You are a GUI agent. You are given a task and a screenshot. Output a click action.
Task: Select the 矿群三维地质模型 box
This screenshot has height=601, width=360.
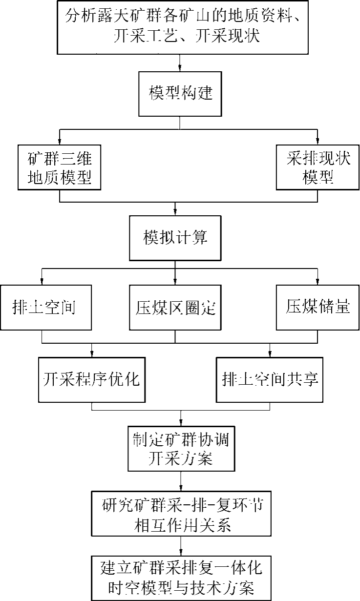point(59,167)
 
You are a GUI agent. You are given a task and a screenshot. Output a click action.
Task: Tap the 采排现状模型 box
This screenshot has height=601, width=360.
point(318,167)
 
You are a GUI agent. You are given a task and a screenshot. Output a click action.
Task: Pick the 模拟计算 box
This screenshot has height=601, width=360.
point(175,238)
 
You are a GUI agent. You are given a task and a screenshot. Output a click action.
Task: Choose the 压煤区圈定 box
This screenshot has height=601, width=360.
point(175,308)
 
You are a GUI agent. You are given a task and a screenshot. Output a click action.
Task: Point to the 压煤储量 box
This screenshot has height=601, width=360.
point(318,308)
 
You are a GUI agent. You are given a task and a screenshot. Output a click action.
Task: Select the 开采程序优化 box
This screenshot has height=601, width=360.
point(92,379)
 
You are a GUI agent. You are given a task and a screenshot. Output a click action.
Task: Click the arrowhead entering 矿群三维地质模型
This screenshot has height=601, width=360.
point(59,142)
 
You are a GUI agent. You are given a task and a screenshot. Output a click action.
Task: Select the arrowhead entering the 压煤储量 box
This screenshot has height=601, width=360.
point(318,282)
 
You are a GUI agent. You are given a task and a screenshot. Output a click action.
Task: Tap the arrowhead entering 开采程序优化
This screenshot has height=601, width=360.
point(92,354)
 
